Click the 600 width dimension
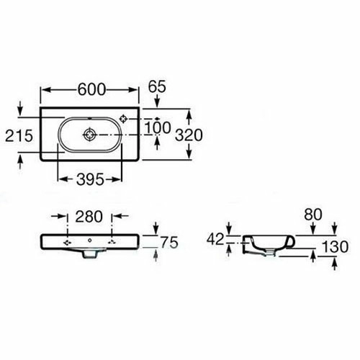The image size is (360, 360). click(x=91, y=89)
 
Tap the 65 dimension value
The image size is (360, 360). click(x=157, y=86)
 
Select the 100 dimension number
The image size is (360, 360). click(x=158, y=127)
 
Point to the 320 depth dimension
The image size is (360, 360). click(x=189, y=135)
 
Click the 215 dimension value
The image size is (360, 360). click(x=19, y=135)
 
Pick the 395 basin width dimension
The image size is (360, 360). click(x=90, y=179)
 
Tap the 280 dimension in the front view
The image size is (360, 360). click(x=89, y=217)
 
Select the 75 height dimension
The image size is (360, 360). click(x=169, y=243)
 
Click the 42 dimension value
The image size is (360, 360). click(x=215, y=239)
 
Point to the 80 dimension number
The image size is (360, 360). click(x=313, y=215)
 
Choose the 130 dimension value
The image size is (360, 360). click(x=335, y=247)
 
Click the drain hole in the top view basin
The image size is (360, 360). click(x=89, y=135)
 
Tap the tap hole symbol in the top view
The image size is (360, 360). click(x=123, y=119)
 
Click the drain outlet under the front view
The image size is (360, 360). click(x=89, y=253)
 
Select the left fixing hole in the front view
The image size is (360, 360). click(x=67, y=243)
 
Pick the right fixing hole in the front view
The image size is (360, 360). click(x=112, y=243)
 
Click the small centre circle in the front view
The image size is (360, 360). click(x=90, y=240)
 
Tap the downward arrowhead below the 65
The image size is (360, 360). click(x=157, y=102)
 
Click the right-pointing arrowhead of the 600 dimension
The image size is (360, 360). click(x=132, y=90)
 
